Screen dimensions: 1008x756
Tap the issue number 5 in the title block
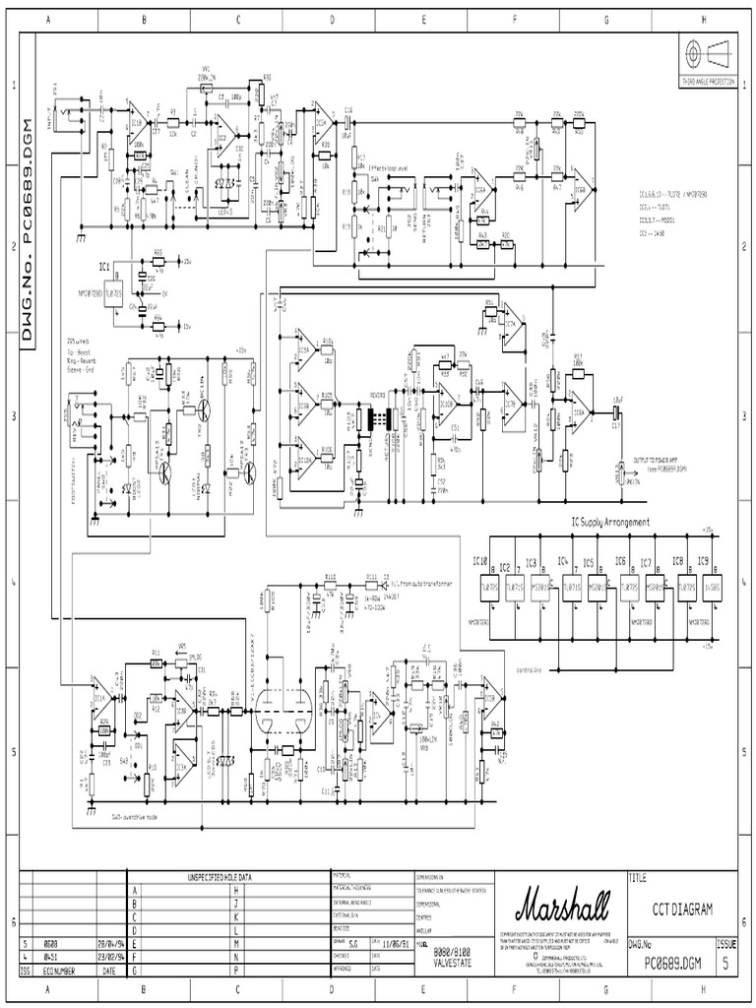click(x=726, y=964)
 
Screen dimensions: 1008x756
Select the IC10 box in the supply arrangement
click(x=480, y=587)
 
